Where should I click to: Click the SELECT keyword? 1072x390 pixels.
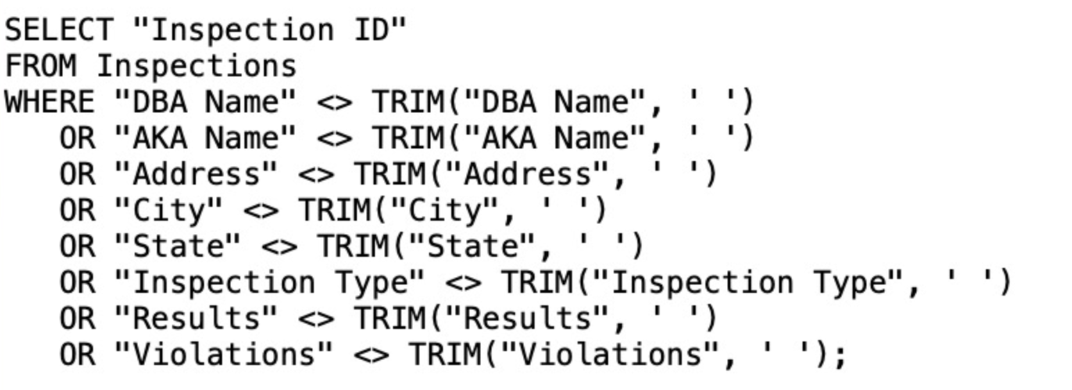click(x=58, y=31)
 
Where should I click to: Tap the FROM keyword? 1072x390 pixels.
click(x=40, y=67)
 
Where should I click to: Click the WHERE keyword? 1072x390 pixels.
click(x=49, y=103)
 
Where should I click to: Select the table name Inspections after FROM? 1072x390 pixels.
click(x=196, y=67)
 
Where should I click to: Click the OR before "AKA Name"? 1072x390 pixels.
click(x=77, y=139)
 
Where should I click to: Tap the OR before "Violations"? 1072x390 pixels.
click(x=77, y=355)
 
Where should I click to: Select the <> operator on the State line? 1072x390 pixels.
click(x=279, y=247)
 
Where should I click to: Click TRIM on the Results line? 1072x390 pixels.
click(x=389, y=319)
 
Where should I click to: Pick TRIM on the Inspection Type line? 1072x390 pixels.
click(x=536, y=283)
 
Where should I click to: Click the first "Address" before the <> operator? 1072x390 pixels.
click(x=196, y=175)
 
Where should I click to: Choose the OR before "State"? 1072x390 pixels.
click(x=77, y=247)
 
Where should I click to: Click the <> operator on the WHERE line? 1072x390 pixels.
click(x=335, y=103)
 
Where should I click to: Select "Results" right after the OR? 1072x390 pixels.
click(x=196, y=319)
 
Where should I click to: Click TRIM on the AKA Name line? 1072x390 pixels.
click(x=407, y=139)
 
